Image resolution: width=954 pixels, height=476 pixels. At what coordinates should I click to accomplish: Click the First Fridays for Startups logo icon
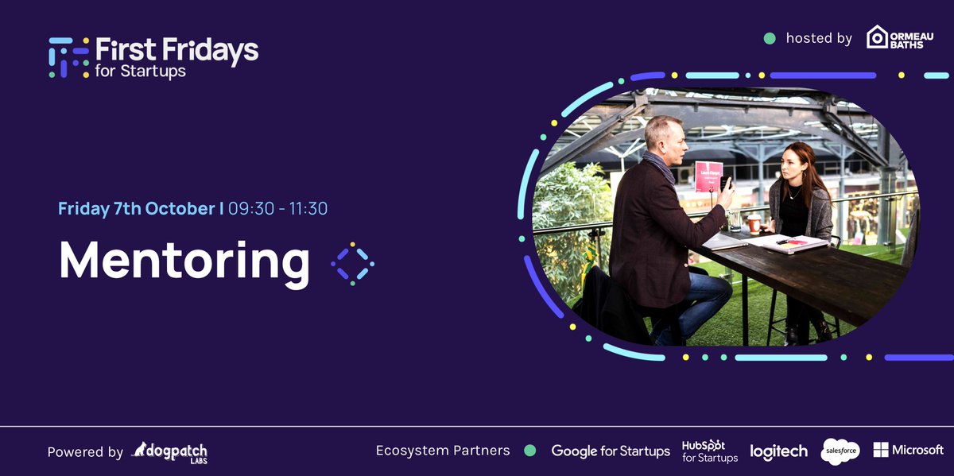pyautogui.click(x=67, y=57)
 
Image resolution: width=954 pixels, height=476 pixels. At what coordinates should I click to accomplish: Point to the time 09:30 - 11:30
pyautogui.click(x=278, y=209)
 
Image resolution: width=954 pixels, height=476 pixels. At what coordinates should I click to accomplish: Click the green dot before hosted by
pyautogui.click(x=769, y=38)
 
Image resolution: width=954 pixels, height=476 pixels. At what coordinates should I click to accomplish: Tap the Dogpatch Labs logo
pyautogui.click(x=169, y=452)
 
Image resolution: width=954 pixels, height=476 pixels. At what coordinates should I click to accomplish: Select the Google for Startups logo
pyautogui.click(x=611, y=451)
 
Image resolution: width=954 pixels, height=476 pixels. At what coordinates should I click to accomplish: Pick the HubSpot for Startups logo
pyautogui.click(x=710, y=451)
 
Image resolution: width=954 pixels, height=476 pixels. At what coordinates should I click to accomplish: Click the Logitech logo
pyautogui.click(x=778, y=451)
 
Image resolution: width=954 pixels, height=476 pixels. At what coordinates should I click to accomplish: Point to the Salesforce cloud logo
pyautogui.click(x=840, y=451)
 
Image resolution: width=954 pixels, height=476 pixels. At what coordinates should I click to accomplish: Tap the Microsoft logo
pyautogui.click(x=908, y=450)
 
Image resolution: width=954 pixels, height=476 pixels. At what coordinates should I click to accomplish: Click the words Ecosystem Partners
pyautogui.click(x=443, y=451)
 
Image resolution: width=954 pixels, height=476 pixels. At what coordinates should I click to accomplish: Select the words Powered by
pyautogui.click(x=85, y=452)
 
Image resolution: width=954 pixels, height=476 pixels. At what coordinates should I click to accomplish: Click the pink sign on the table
pyautogui.click(x=708, y=176)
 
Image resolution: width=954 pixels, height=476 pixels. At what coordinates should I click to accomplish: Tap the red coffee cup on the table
pyautogui.click(x=754, y=223)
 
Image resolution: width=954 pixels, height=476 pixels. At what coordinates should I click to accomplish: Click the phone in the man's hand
pyautogui.click(x=725, y=184)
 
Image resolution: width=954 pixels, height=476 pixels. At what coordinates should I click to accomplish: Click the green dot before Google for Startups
pyautogui.click(x=530, y=451)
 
